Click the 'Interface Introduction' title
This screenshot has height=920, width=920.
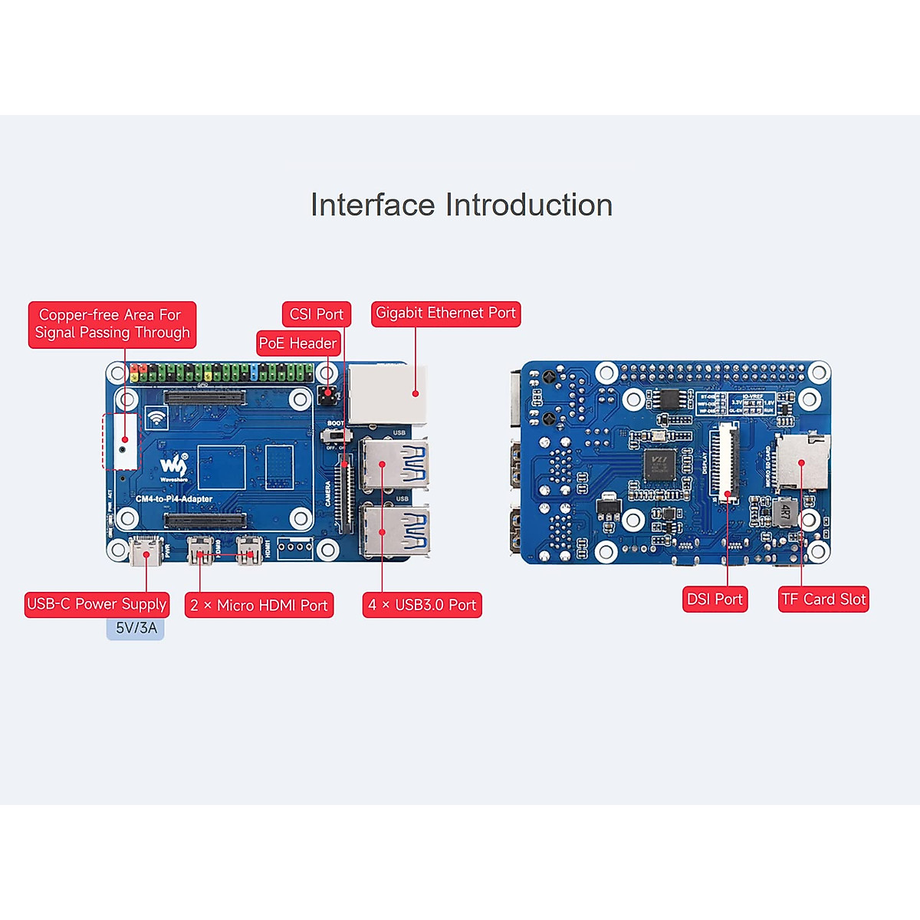(461, 205)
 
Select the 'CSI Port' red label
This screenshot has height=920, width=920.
(316, 314)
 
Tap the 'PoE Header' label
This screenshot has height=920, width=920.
(297, 343)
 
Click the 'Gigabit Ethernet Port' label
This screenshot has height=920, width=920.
(445, 314)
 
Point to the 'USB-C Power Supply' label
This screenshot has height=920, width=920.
(97, 604)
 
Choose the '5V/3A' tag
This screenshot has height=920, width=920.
(136, 628)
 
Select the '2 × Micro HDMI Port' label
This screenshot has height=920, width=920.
(259, 606)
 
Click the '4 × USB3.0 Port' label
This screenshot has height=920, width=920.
(422, 605)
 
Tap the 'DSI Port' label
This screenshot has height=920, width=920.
(715, 600)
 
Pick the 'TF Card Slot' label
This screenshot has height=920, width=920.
(823, 600)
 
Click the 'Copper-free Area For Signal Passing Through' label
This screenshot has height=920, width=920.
(112, 324)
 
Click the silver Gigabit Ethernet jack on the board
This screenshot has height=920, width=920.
(386, 394)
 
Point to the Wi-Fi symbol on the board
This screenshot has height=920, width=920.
(157, 418)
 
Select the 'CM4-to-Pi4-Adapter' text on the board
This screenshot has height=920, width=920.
(174, 499)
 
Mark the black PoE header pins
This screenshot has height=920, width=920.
(327, 395)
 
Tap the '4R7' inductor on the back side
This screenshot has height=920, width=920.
(785, 511)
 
